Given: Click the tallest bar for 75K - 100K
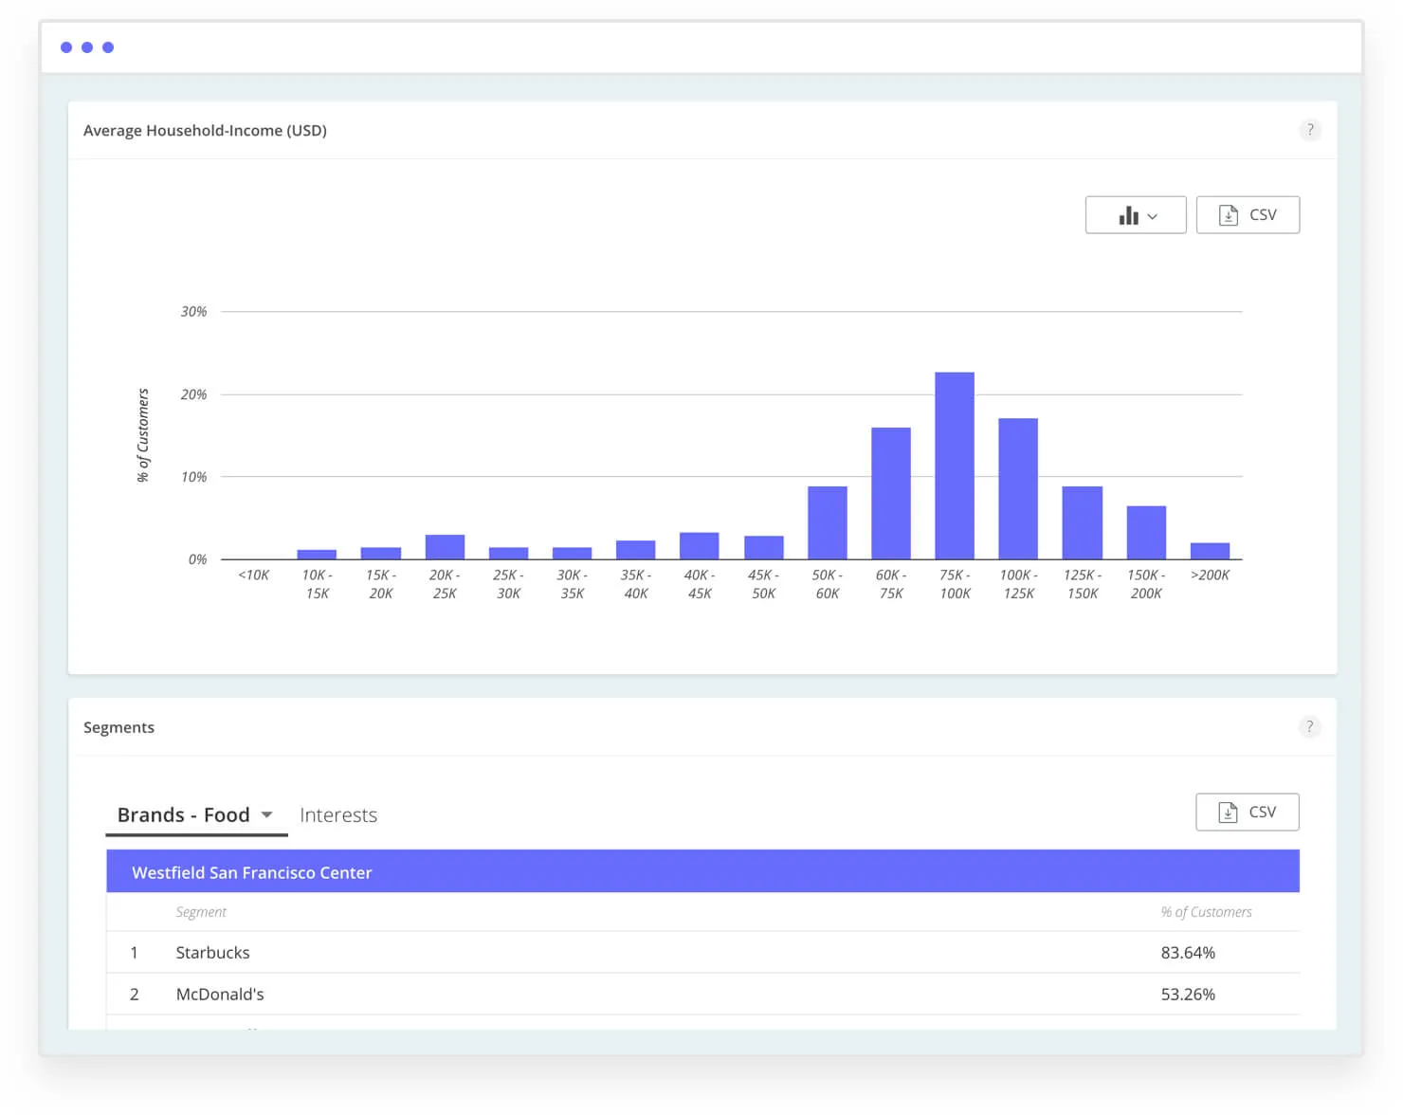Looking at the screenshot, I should pyautogui.click(x=954, y=466).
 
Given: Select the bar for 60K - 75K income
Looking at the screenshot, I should pyautogui.click(x=890, y=493).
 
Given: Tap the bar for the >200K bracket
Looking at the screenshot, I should pyautogui.click(x=1210, y=551).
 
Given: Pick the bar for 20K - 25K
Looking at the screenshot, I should pyautogui.click(x=445, y=547).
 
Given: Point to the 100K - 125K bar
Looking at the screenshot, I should pyautogui.click(x=1017, y=488).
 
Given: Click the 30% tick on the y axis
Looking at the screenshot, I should pyautogui.click(x=193, y=312).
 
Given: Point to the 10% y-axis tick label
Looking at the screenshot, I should pyautogui.click(x=193, y=477).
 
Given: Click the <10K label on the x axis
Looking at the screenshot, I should pyautogui.click(x=253, y=576).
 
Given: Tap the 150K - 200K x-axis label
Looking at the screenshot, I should pyautogui.click(x=1146, y=584).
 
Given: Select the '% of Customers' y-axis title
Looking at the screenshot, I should pyautogui.click(x=143, y=435).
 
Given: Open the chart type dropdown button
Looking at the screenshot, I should pyautogui.click(x=1135, y=215).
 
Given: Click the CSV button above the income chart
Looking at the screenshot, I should pyautogui.click(x=1247, y=215).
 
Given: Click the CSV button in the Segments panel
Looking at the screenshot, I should pyautogui.click(x=1247, y=813).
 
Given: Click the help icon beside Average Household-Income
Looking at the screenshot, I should pyautogui.click(x=1310, y=130).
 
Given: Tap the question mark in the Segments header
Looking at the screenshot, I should pyautogui.click(x=1310, y=727).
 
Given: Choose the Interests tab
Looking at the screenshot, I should pyautogui.click(x=338, y=815).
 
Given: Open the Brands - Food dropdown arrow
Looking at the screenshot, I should pyautogui.click(x=267, y=815).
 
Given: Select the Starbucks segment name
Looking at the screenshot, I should pyautogui.click(x=212, y=953).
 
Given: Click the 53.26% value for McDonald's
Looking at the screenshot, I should pyautogui.click(x=1187, y=995).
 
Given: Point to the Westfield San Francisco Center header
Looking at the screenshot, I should pyautogui.click(x=252, y=872).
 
